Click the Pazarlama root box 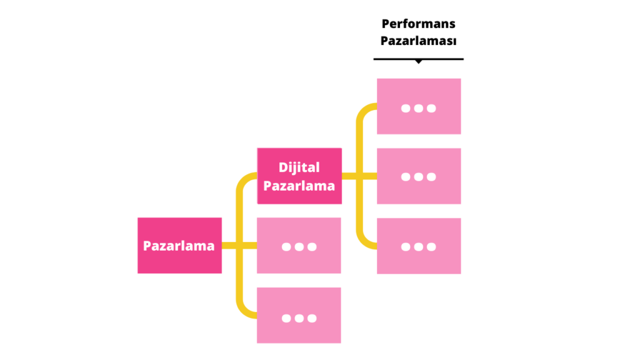tap(179, 246)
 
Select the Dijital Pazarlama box tap(299, 176)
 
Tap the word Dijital tap(299, 167)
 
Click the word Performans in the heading tap(418, 24)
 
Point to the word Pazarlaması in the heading tap(418, 41)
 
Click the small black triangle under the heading tap(418, 61)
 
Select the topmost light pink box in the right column tap(419, 106)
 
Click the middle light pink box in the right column tap(419, 176)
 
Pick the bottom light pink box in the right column tap(419, 246)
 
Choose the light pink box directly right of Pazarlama tap(299, 246)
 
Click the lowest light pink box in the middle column tap(299, 316)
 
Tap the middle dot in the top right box tap(419, 108)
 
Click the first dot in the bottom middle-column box tap(286, 318)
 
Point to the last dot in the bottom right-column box tap(431, 247)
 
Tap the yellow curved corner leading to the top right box tap(362, 111)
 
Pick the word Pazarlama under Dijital tap(299, 186)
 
